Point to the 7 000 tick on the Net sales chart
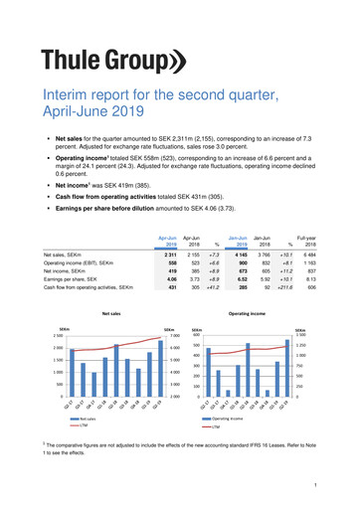pyautogui.click(x=170, y=334)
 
